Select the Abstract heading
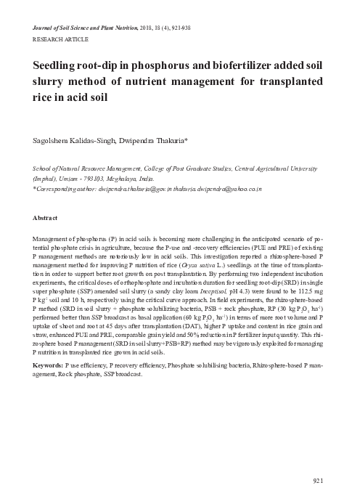coord(46,218)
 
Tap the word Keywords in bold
coord(49,363)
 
